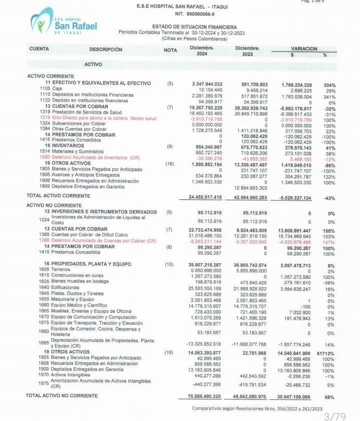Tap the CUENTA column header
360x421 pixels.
click(39, 49)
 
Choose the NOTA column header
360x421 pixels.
click(170, 50)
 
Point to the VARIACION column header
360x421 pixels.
click(304, 49)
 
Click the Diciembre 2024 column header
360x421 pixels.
click(202, 51)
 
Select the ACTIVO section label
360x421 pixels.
click(93, 65)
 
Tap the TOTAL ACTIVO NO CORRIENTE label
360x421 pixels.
click(61, 395)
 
